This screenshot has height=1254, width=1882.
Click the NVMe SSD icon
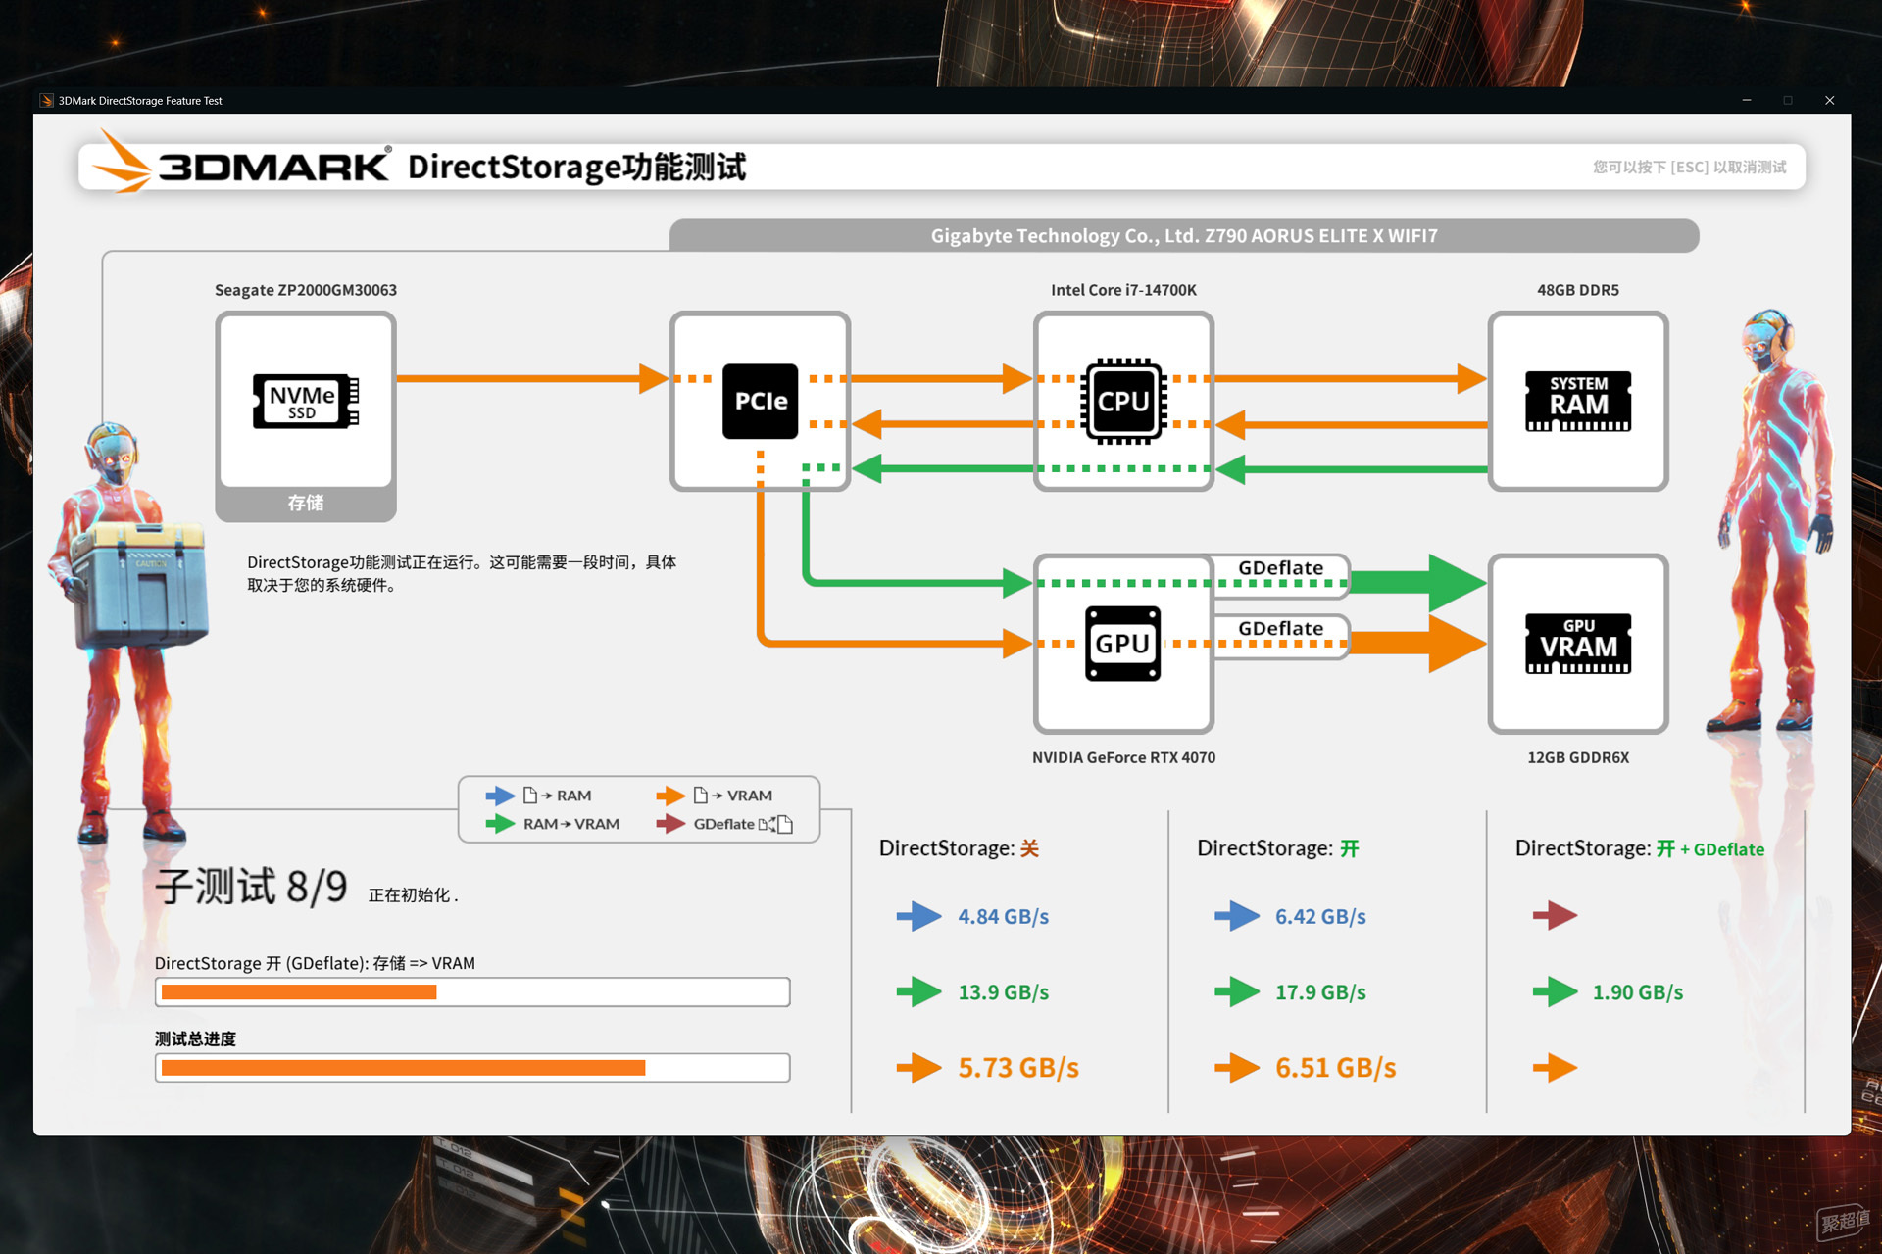click(x=306, y=401)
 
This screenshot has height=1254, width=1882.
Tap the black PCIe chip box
click(x=760, y=401)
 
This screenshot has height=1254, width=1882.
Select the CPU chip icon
click(x=1123, y=401)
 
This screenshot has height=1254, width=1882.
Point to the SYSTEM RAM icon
click(x=1578, y=401)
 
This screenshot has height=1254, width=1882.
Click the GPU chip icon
click(x=1123, y=644)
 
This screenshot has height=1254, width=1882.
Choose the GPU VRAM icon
click(x=1578, y=644)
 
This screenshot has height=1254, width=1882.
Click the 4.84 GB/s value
click(x=1003, y=917)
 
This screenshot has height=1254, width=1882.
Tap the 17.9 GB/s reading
click(x=1320, y=992)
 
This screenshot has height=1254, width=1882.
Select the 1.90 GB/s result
click(x=1638, y=992)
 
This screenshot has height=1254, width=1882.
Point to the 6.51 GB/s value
click(x=1335, y=1068)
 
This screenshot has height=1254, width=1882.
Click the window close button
click(x=1829, y=100)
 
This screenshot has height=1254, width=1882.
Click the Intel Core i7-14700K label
click(x=1123, y=290)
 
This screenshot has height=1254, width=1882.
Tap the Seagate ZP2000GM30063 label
click(x=306, y=290)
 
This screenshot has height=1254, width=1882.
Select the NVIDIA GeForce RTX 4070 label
click(x=1123, y=757)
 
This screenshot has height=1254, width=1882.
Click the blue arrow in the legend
click(x=500, y=796)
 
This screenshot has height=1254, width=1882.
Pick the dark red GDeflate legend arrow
click(x=670, y=824)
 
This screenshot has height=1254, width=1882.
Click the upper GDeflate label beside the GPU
click(x=1280, y=568)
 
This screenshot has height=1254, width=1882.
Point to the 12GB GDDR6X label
click(x=1578, y=757)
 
